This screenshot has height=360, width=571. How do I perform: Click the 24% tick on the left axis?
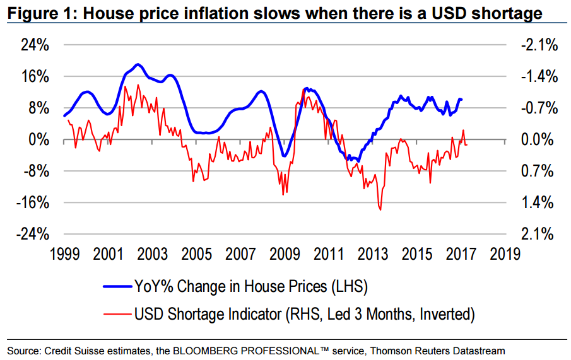pos(37,45)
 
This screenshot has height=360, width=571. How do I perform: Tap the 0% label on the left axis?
pos(40,140)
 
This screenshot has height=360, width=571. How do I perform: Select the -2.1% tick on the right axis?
pos(537,45)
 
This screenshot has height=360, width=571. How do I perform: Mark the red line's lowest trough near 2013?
pos(380,209)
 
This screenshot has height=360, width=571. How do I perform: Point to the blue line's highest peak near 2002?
pos(138,64)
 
